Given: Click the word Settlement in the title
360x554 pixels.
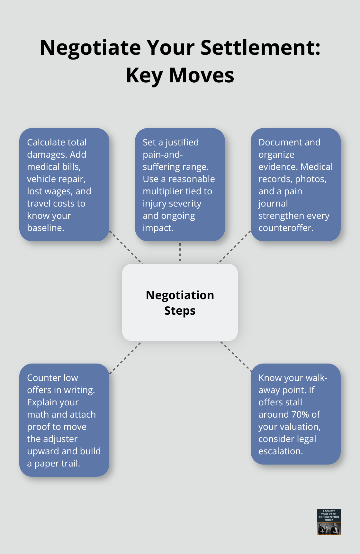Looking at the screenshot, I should click(x=260, y=48).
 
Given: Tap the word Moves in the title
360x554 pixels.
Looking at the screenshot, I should click(x=202, y=76).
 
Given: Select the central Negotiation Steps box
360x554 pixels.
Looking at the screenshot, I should click(x=180, y=302).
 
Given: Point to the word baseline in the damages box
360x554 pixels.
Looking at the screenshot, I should click(x=45, y=228).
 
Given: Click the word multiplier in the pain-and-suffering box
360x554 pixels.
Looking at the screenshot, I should click(x=163, y=191).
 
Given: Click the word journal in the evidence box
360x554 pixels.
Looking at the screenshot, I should click(x=273, y=203).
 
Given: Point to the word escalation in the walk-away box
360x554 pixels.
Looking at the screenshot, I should click(x=280, y=451).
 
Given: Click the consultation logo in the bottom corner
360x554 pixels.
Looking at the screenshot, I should click(x=328, y=522).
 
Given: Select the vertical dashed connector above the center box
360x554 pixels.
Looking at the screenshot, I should click(x=180, y=252).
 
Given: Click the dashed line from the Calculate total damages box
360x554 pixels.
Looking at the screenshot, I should click(x=126, y=247).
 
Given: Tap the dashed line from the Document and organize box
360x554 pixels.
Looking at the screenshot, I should click(x=234, y=247).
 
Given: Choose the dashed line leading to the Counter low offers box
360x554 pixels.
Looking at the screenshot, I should click(x=126, y=357).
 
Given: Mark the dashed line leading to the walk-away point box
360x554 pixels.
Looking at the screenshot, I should click(x=236, y=356).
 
